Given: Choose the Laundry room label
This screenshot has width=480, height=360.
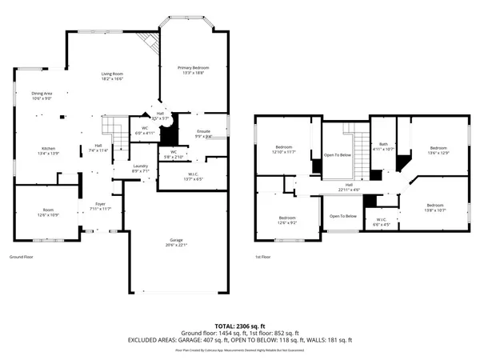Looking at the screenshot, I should point(140,166).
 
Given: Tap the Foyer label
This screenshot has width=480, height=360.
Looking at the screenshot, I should point(101,203).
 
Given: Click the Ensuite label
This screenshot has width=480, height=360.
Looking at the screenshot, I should point(203,133).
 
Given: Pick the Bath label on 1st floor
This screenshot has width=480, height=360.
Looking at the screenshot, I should point(384,144).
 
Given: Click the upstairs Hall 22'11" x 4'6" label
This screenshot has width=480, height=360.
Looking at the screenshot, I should point(349,185).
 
